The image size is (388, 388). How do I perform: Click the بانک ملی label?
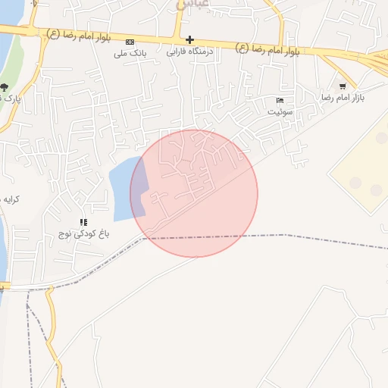click(x=130, y=53)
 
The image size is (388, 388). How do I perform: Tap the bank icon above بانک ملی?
click(x=130, y=42)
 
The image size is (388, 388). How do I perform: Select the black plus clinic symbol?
click(x=189, y=40)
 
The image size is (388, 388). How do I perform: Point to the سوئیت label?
click(x=279, y=111)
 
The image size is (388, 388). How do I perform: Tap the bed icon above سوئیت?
click(x=280, y=100)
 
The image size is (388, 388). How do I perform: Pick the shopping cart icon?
click(x=343, y=86)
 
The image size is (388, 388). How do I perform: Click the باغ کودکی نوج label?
click(x=86, y=234)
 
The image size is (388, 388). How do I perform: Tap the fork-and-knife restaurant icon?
click(x=83, y=221)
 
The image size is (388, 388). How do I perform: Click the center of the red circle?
click(x=194, y=193)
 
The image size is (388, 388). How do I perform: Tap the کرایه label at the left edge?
click(x=9, y=199)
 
